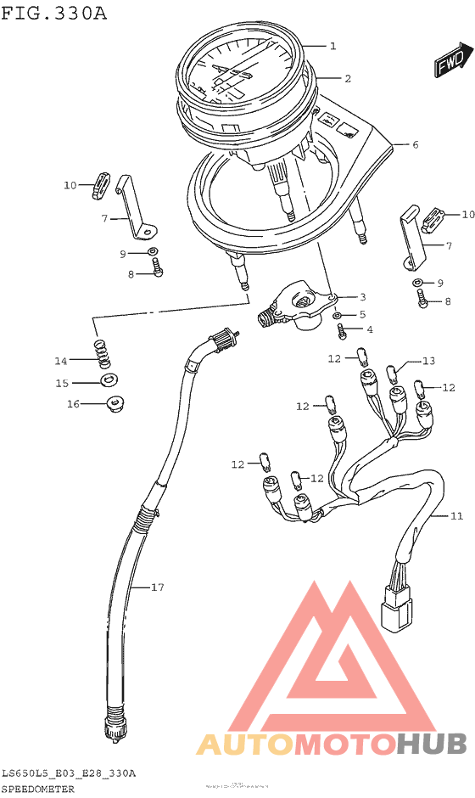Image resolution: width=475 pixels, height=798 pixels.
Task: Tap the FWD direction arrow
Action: click(452, 61)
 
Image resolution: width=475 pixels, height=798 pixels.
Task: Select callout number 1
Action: click(333, 46)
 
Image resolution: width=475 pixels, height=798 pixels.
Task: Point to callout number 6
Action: click(416, 144)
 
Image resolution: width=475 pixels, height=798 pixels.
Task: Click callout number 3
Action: click(362, 297)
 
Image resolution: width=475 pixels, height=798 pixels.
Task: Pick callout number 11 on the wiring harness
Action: click(456, 516)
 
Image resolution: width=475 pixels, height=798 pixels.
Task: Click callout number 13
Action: click(428, 361)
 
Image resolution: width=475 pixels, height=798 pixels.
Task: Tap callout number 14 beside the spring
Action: click(61, 360)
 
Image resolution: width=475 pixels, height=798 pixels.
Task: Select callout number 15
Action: click(61, 383)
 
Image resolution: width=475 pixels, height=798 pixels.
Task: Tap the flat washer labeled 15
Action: click(109, 379)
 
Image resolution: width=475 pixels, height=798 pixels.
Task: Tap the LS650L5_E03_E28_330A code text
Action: click(69, 773)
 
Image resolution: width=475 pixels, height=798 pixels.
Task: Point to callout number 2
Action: click(348, 78)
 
